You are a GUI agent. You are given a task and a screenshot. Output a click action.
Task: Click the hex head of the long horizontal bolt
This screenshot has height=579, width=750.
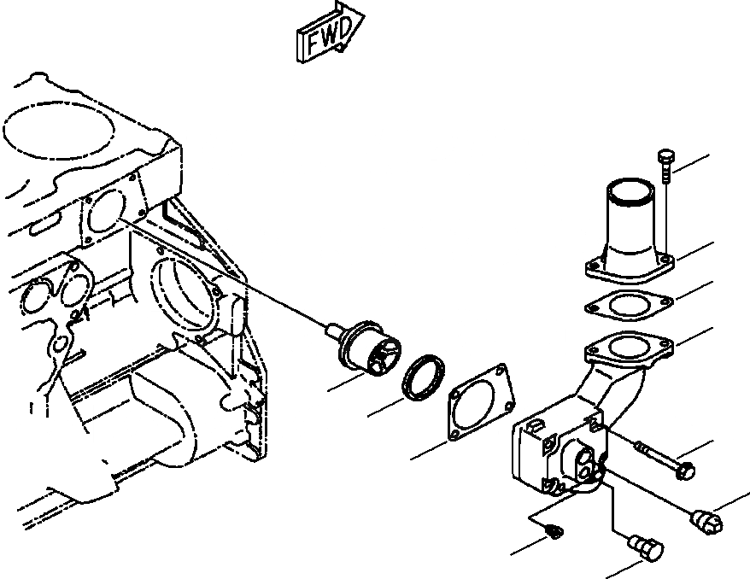tap(686, 469)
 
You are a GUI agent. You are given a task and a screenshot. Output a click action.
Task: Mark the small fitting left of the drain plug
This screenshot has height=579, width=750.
tap(554, 534)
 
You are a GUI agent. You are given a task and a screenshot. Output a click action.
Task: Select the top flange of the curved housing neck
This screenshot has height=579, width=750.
tap(629, 348)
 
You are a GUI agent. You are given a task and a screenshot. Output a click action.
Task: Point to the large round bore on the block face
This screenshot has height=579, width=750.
tap(184, 295)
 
